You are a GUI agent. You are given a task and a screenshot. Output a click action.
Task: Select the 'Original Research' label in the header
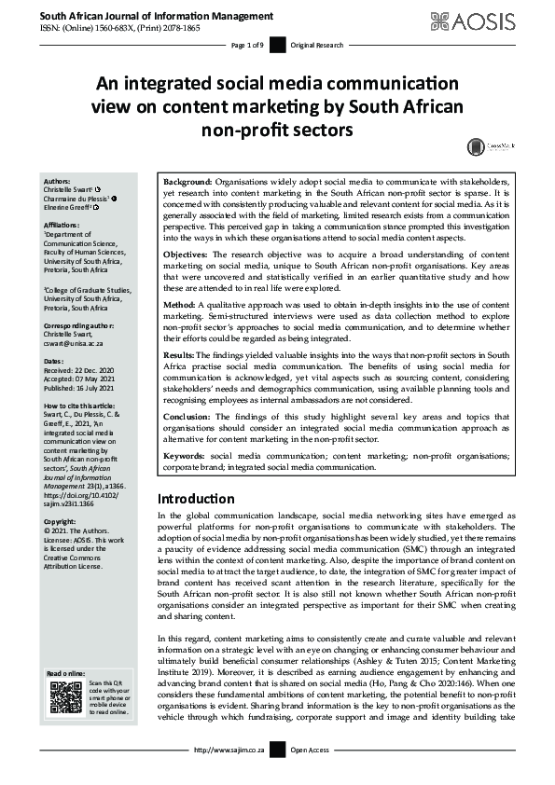[317, 46]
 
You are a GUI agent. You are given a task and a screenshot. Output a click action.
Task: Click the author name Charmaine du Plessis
[78, 198]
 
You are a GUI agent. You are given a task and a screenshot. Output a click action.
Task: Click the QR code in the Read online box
[66, 698]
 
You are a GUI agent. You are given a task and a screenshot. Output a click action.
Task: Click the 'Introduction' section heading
[196, 499]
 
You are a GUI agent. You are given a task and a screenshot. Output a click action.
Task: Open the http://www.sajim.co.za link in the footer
[228, 775]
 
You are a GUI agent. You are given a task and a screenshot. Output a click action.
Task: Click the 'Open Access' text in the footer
[312, 775]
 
